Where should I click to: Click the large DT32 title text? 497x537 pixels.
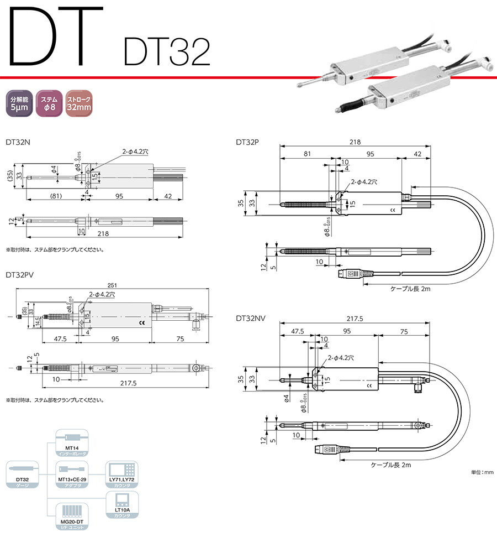point(166,53)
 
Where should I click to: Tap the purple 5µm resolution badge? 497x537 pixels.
point(19,103)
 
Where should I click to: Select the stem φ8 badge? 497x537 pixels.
point(49,103)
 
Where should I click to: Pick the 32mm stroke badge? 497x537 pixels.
point(79,103)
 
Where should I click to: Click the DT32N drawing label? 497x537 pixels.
point(18,142)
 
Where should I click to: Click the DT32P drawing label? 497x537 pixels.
point(248,142)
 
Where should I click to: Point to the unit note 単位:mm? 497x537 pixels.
point(482,472)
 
